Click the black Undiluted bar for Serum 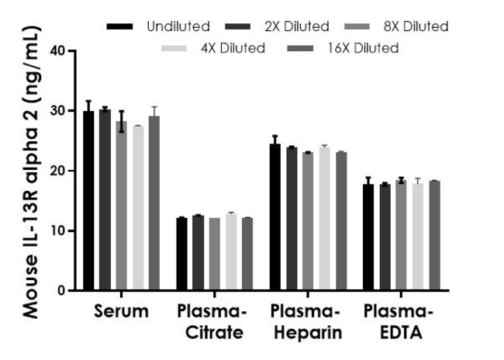(88, 201)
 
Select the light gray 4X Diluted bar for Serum (138, 209)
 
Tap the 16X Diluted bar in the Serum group (154, 203)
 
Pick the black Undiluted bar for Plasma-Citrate (182, 254)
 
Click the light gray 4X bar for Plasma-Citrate (231, 252)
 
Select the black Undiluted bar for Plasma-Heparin (275, 217)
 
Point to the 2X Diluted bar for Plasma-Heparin (292, 219)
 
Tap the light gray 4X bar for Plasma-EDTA (418, 237)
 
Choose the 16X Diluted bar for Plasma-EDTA (434, 236)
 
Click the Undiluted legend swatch (119, 26)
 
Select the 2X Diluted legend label (297, 26)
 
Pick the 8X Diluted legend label (416, 26)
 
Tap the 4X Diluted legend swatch (174, 48)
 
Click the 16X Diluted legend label (363, 48)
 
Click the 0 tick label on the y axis (61, 291)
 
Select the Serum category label (121, 311)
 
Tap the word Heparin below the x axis (308, 333)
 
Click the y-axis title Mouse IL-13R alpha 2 (31, 172)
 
